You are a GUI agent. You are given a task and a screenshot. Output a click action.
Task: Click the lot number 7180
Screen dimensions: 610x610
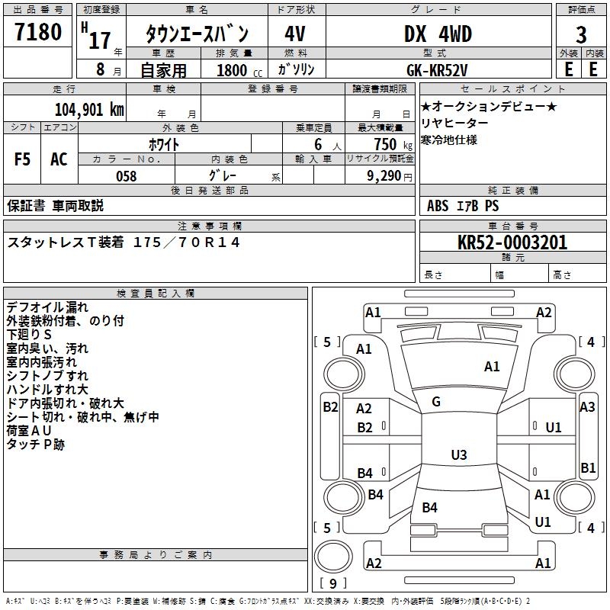(38, 33)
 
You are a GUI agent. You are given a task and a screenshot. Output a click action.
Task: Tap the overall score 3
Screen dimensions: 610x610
(581, 35)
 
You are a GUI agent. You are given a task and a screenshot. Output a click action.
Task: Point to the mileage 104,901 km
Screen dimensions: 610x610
(89, 109)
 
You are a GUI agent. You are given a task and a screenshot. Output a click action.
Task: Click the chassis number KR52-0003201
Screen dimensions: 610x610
(513, 243)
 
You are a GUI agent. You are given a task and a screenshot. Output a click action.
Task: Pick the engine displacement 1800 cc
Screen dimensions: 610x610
(233, 70)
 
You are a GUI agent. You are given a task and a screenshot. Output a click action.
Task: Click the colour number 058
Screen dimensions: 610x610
(126, 176)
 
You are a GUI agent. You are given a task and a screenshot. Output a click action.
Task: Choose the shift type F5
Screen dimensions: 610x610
(23, 159)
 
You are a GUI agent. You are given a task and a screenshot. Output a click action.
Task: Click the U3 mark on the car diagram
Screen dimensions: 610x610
(458, 455)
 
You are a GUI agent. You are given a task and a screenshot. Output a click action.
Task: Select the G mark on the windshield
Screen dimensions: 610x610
(436, 402)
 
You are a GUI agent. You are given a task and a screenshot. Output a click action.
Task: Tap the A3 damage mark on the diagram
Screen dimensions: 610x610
(587, 407)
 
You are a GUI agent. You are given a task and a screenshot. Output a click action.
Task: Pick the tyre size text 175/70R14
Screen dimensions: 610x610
(187, 242)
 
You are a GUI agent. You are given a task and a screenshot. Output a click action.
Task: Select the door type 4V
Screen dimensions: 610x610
(295, 35)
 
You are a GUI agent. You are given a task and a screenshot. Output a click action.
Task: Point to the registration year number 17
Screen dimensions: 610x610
(100, 39)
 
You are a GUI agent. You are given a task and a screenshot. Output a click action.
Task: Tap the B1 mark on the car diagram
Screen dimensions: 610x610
(588, 468)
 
